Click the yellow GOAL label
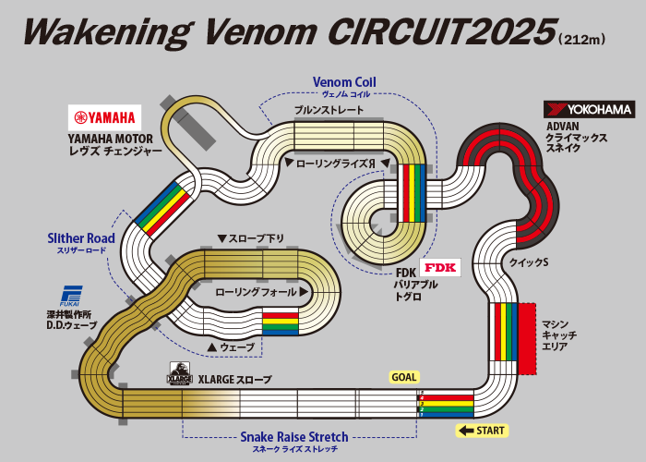point(404,377)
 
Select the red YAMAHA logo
point(105,117)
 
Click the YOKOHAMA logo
point(588,109)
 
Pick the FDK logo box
point(440,268)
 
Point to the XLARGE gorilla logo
point(179,374)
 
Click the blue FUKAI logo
point(72,296)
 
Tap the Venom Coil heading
point(344,82)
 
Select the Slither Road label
point(81,238)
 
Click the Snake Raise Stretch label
point(294,437)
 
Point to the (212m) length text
point(581,40)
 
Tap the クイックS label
point(529,262)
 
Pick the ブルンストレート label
point(329,110)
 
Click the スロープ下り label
point(250,238)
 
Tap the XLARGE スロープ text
point(237,378)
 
